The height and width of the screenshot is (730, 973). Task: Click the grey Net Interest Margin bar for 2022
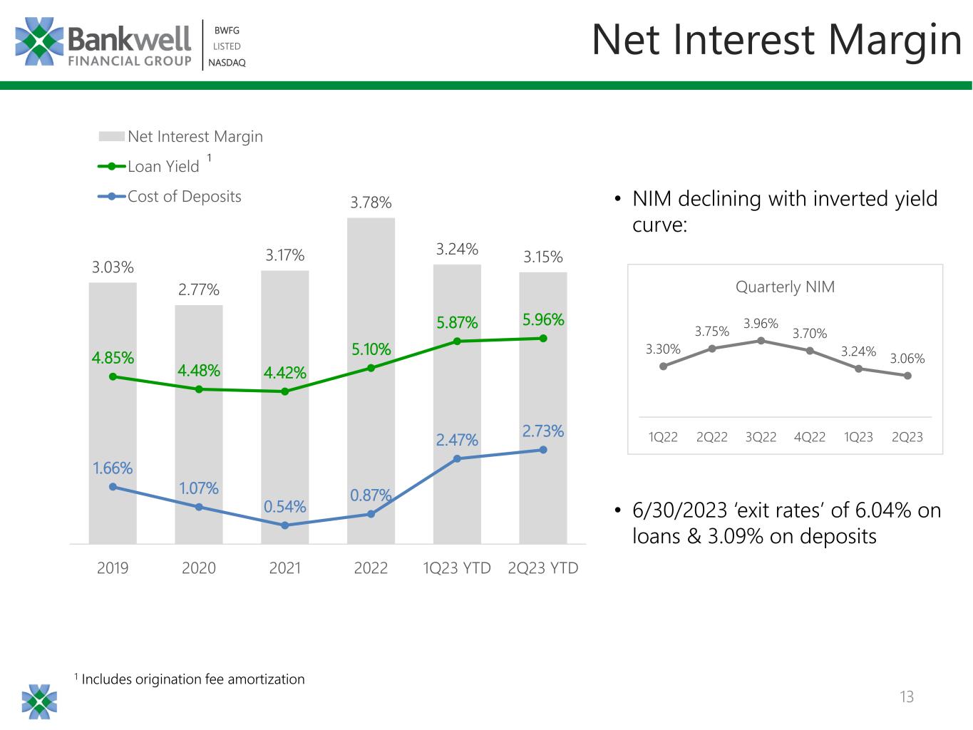[371, 381]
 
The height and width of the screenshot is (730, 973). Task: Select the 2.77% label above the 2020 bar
[199, 290]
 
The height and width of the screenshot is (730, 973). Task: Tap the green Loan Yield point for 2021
[285, 391]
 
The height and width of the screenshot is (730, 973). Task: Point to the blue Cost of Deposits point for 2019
[113, 487]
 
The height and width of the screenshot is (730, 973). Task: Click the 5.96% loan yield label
[543, 319]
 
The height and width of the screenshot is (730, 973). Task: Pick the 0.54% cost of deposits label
[285, 506]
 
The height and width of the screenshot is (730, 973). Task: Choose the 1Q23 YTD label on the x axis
[457, 567]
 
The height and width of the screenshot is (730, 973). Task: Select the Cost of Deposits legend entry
[170, 196]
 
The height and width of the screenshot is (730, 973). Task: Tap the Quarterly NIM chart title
[785, 287]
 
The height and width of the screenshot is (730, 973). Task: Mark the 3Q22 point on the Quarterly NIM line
[761, 340]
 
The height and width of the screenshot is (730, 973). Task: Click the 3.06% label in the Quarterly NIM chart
[907, 358]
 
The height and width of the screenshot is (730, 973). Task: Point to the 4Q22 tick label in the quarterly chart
[810, 437]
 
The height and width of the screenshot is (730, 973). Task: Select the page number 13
[907, 696]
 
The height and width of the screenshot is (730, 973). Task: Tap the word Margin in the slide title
[894, 41]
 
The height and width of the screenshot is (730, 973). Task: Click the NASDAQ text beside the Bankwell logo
[227, 63]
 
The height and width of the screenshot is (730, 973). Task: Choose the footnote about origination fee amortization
[190, 679]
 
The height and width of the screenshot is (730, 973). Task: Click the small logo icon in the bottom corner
[39, 701]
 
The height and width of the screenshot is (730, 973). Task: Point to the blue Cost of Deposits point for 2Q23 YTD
[543, 450]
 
